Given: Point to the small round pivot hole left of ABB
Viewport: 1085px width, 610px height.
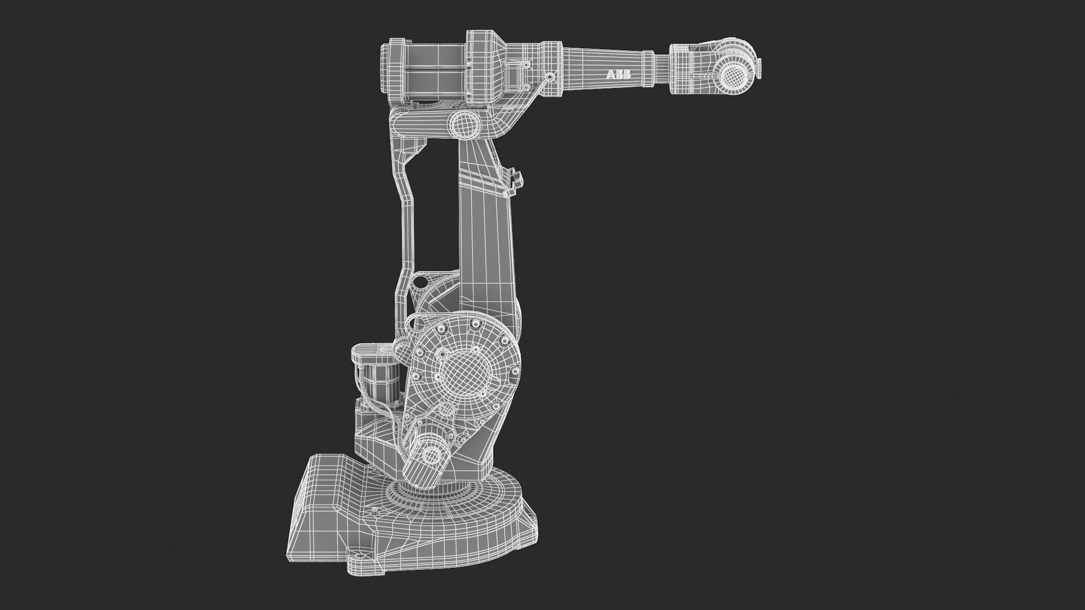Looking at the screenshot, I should tap(549, 77).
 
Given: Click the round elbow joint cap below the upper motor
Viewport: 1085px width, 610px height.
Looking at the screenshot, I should tap(463, 124).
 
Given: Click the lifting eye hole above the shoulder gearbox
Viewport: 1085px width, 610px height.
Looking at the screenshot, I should tap(421, 281).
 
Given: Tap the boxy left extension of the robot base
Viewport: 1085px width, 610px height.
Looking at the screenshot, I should tap(320, 498).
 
